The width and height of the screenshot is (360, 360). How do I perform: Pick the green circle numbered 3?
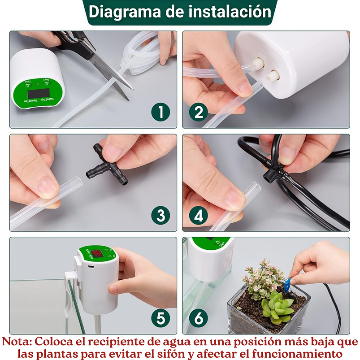tap(160, 215)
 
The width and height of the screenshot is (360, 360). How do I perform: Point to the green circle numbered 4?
tap(198, 215)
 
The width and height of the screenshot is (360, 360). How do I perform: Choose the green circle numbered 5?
tap(160, 318)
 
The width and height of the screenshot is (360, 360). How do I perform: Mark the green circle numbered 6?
tap(198, 318)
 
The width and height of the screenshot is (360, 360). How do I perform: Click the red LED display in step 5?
tap(98, 255)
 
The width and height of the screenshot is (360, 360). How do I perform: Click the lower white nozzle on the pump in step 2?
tap(273, 75)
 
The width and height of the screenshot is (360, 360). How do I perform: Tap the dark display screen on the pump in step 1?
tap(36, 94)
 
